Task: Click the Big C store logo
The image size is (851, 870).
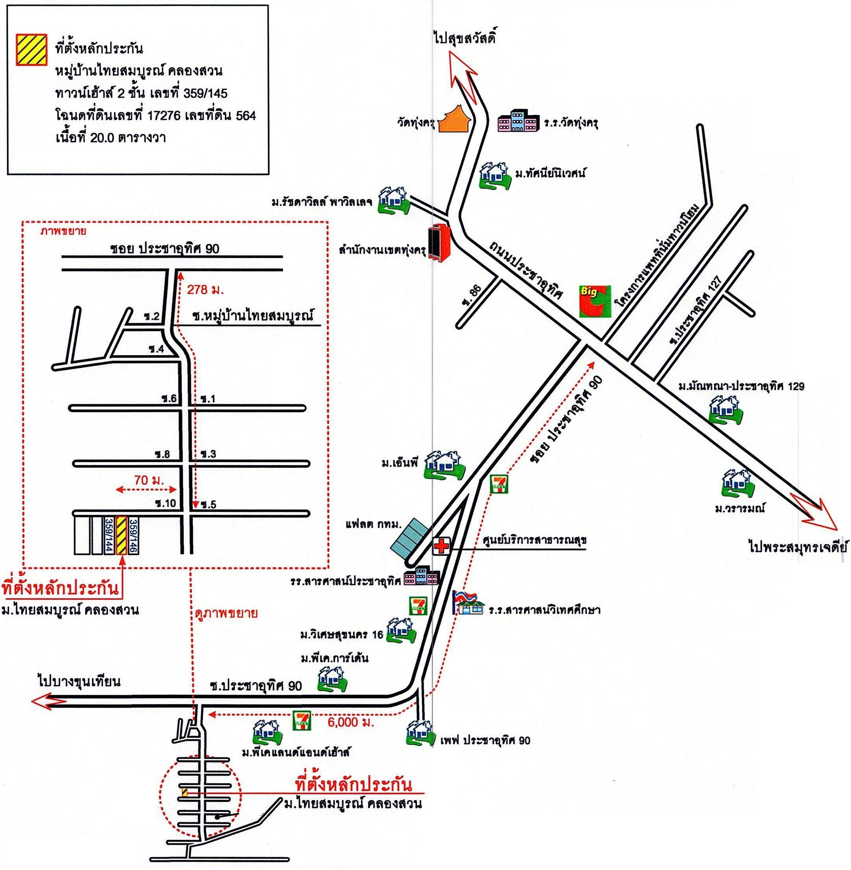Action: tap(595, 301)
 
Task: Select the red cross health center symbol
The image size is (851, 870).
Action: tap(442, 546)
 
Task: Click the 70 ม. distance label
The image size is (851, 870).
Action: tap(149, 480)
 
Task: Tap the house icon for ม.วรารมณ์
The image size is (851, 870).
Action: tap(737, 483)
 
